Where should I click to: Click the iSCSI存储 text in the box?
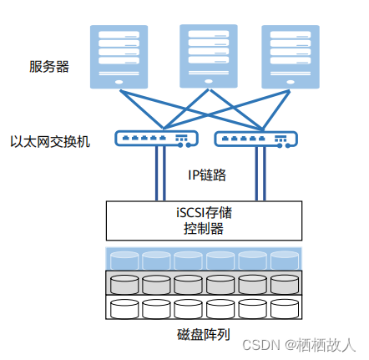(x=202, y=212)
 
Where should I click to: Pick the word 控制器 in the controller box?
(x=202, y=228)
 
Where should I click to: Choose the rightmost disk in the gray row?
(x=283, y=283)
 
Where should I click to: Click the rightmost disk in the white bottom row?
(x=283, y=308)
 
